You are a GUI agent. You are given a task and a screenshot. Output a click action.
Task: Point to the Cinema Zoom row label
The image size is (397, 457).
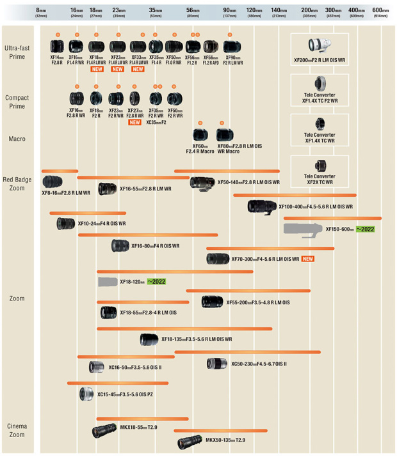tap(17, 430)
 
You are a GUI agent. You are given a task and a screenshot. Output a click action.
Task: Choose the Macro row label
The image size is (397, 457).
tap(17, 139)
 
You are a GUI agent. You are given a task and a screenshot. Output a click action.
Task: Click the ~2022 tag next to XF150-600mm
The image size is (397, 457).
tap(365, 229)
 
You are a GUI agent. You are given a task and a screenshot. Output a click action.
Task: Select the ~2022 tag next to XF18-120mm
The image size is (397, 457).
tap(156, 281)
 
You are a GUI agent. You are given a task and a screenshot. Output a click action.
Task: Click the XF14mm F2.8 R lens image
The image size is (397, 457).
tap(56, 46)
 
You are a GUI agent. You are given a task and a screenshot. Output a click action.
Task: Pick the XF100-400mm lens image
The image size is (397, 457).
tap(262, 206)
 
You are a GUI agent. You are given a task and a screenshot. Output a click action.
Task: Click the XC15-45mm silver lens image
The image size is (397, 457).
tap(87, 394)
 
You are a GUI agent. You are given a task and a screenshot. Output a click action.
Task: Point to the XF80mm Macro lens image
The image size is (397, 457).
tap(225, 135)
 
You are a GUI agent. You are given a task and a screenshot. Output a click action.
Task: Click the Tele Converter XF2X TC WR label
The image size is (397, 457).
tap(319, 179)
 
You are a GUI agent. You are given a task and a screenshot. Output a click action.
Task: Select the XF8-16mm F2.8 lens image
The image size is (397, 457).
tap(58, 181)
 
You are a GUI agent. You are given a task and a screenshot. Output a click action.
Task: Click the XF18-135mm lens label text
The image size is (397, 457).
tap(196, 339)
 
